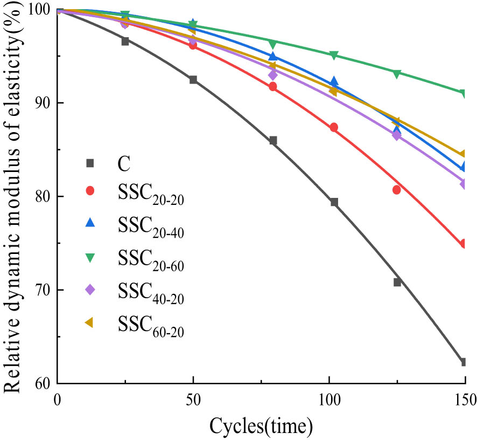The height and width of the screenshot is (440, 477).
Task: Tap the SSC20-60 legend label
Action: coord(150,259)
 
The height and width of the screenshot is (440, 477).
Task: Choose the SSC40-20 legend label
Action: coord(150,291)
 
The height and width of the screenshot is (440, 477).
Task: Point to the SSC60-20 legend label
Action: coord(150,324)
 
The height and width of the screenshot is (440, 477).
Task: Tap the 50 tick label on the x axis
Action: coord(193,400)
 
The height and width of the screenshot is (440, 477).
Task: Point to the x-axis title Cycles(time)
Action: coord(261,426)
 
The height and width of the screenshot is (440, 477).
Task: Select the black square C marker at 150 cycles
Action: coord(463,362)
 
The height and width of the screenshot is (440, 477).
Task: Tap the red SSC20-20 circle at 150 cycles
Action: coord(463,244)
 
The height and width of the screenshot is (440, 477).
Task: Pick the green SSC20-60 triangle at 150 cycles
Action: coord(463,94)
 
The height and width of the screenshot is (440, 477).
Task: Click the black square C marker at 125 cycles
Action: coord(397,282)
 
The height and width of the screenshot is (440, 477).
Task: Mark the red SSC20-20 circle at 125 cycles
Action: coord(397,190)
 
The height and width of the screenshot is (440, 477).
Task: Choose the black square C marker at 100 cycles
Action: coord(334,202)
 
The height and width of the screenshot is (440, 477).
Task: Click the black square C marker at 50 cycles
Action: coord(193,80)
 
